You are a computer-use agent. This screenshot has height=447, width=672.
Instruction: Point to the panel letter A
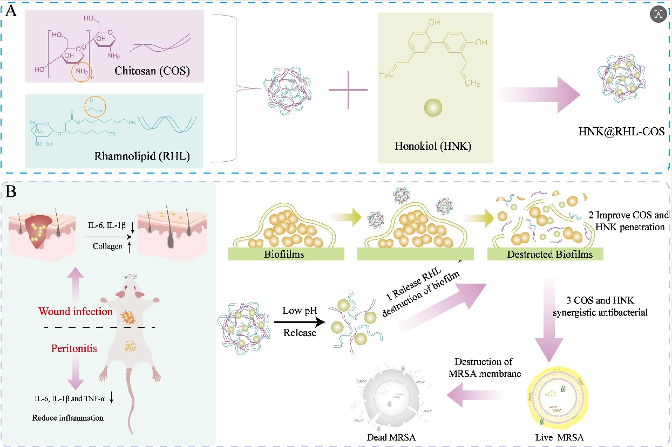(x=11, y=12)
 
